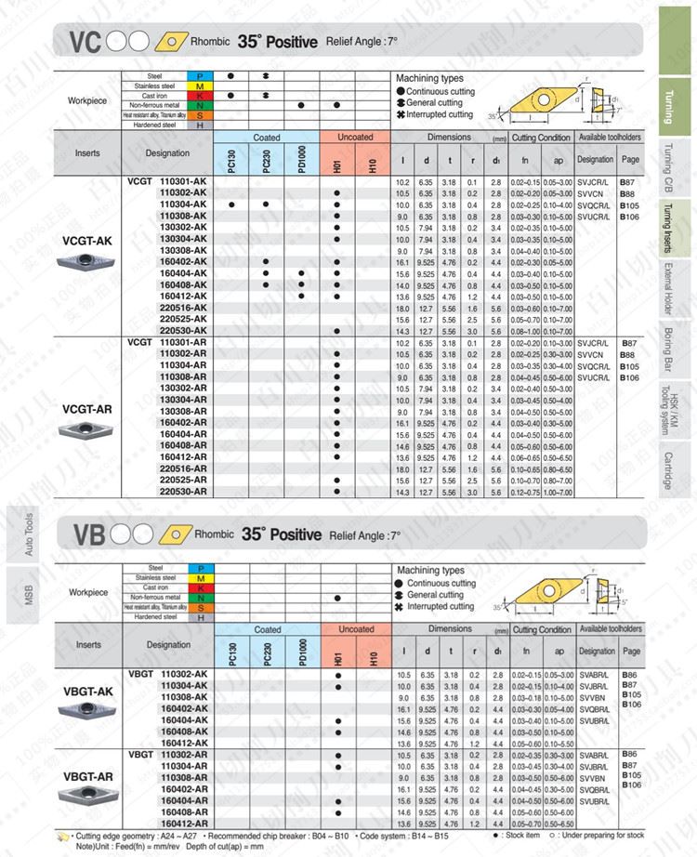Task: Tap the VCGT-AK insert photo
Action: (86, 262)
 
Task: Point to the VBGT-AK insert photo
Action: (86, 711)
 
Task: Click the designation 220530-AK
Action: (184, 330)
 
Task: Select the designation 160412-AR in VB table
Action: (184, 822)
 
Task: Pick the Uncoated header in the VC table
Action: (354, 138)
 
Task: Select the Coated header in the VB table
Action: (267, 629)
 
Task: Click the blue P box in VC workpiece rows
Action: (200, 75)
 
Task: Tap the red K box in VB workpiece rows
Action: (200, 587)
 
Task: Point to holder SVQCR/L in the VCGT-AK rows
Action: (595, 204)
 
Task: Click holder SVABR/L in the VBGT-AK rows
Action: (595, 674)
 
